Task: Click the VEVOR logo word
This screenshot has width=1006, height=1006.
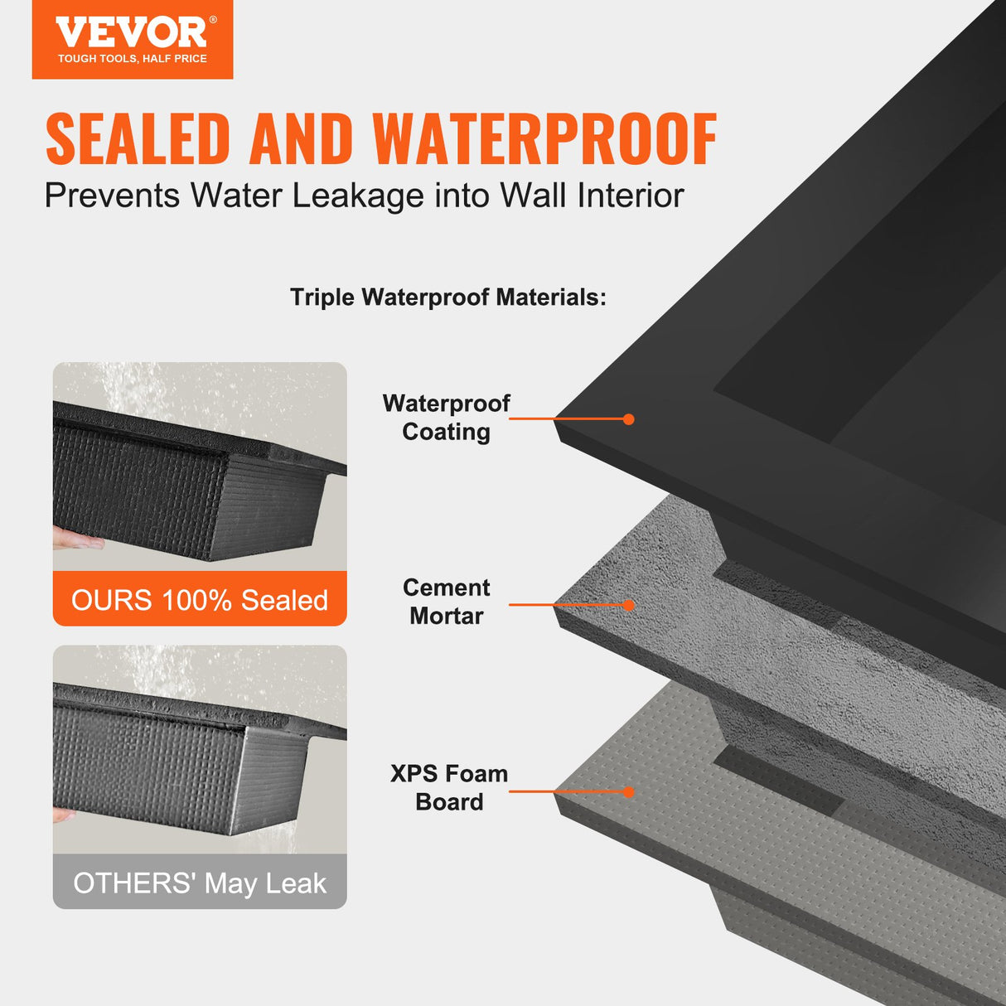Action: (x=130, y=33)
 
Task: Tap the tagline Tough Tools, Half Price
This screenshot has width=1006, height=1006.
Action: (x=133, y=59)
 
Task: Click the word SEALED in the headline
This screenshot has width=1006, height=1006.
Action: (x=138, y=139)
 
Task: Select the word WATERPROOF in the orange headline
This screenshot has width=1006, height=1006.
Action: (x=544, y=139)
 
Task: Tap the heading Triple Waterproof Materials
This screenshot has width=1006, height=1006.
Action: (x=447, y=297)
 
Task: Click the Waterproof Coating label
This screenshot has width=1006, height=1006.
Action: (x=446, y=418)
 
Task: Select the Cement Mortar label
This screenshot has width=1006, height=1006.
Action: (x=446, y=602)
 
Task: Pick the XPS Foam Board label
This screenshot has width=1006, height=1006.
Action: (x=448, y=787)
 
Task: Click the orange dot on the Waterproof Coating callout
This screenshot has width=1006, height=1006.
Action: (x=629, y=419)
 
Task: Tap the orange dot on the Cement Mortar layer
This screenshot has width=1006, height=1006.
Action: (x=629, y=605)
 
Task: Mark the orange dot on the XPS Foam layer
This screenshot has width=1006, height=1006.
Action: (x=629, y=792)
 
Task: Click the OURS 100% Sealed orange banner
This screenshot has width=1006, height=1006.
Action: (x=200, y=599)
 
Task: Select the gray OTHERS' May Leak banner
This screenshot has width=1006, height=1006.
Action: (x=200, y=883)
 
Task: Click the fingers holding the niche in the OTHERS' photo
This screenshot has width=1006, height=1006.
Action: (x=63, y=815)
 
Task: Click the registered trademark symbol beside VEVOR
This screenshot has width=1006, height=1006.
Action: (x=213, y=20)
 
